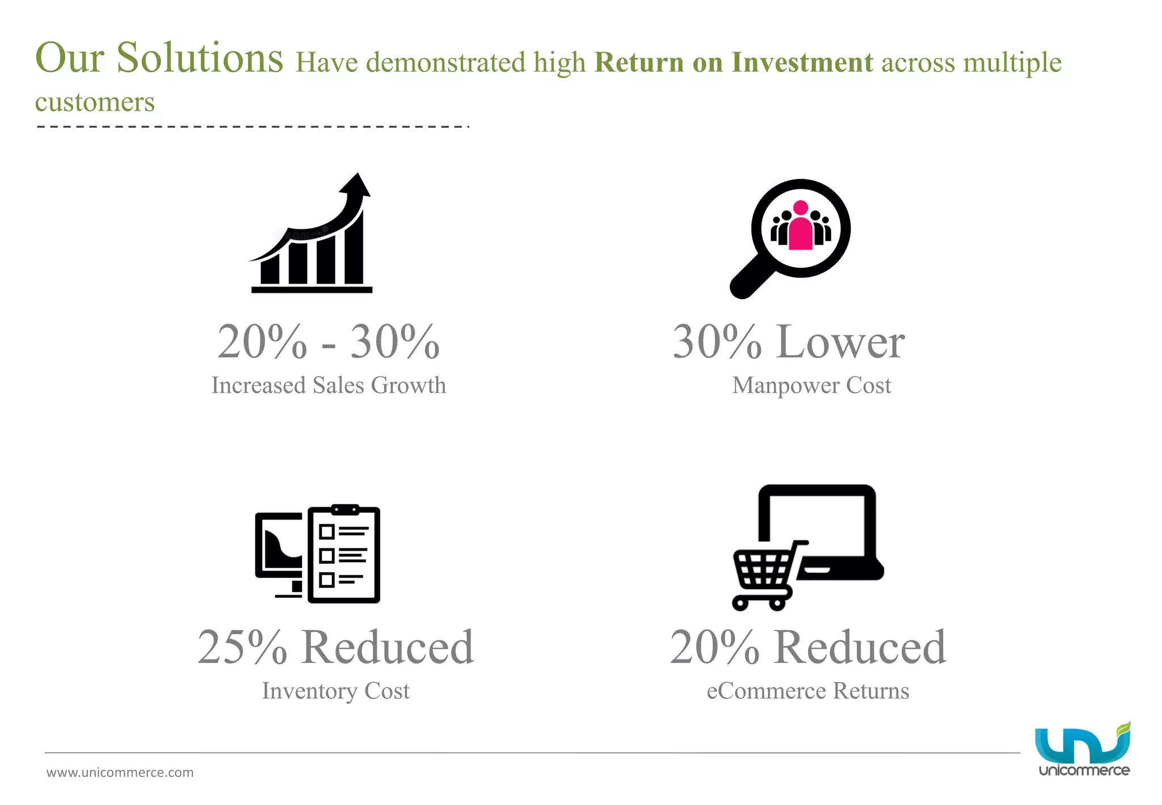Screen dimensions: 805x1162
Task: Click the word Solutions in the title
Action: (199, 58)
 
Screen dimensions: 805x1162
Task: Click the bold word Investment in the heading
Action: (802, 62)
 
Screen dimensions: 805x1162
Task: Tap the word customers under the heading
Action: (95, 102)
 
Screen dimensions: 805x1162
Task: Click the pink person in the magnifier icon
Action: (801, 226)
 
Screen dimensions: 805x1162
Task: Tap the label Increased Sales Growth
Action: (329, 385)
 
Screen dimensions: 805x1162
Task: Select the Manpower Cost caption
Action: (811, 385)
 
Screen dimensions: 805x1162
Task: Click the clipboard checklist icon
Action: (344, 554)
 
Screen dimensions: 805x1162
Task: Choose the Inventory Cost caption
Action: (335, 691)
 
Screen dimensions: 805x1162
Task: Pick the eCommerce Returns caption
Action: (807, 691)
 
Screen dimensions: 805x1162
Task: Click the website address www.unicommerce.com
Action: (120, 773)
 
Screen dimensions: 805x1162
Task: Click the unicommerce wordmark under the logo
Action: (1084, 770)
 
